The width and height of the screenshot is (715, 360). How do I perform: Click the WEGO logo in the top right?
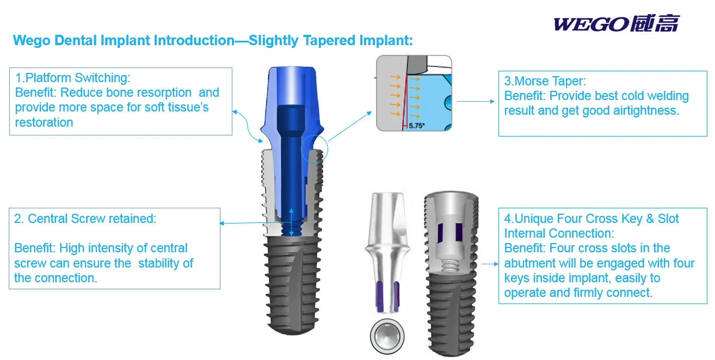[616, 24]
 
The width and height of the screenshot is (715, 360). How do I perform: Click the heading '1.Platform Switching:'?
[73, 78]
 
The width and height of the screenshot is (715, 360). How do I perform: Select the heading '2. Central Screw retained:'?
[85, 219]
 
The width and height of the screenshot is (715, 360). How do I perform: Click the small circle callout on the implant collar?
[314, 150]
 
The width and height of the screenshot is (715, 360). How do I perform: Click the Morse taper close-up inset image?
[414, 93]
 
